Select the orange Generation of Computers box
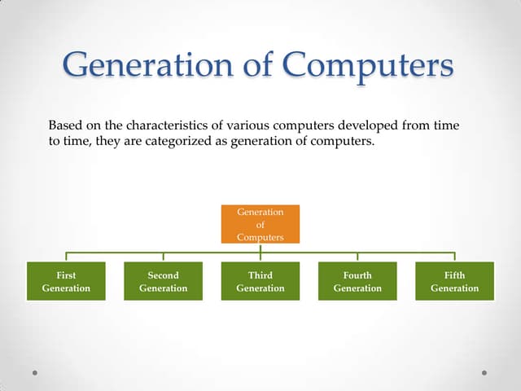pyautogui.click(x=260, y=224)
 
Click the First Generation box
pyautogui.click(x=66, y=282)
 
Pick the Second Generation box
pyautogui.click(x=163, y=282)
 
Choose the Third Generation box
pyautogui.click(x=260, y=282)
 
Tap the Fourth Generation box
pyautogui.click(x=357, y=282)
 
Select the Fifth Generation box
pyautogui.click(x=454, y=282)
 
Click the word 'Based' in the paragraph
pyautogui.click(x=65, y=126)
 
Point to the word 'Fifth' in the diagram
pyautogui.click(x=454, y=275)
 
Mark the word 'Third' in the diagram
pyautogui.click(x=260, y=275)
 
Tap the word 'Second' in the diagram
pyautogui.click(x=163, y=275)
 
